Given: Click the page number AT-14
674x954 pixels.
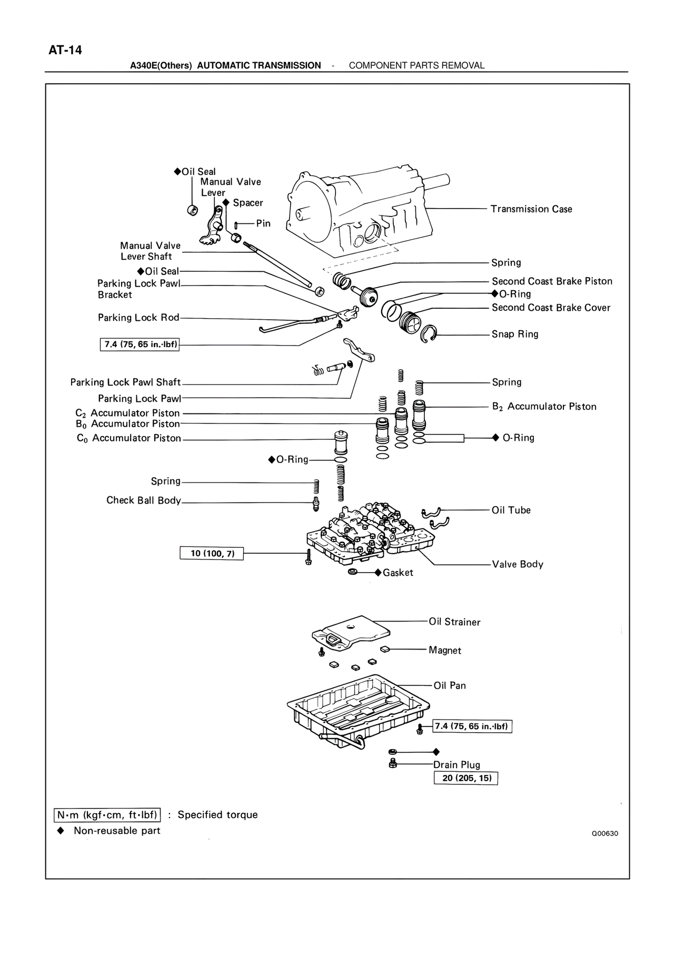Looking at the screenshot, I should click(x=65, y=51).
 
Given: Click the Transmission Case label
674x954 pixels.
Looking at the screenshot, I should click(x=531, y=209).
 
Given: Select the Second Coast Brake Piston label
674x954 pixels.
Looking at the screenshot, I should click(x=552, y=281).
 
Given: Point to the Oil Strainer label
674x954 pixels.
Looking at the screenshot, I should click(x=454, y=622).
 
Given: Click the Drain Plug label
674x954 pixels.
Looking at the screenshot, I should click(x=457, y=765).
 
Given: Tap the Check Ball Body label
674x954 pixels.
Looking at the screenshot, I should click(x=143, y=500).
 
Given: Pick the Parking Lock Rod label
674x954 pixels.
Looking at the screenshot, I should click(x=138, y=318).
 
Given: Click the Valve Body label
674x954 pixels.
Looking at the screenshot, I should click(x=517, y=564).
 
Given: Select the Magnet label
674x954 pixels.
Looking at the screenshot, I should click(x=444, y=651).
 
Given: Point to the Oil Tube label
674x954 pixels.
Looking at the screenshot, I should click(x=511, y=510).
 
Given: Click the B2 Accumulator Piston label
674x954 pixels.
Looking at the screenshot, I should click(x=544, y=407).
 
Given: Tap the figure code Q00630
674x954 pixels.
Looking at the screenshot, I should click(x=604, y=834).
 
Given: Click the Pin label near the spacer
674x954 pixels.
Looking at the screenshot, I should click(x=263, y=223).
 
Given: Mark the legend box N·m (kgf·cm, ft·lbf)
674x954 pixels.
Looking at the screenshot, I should click(x=107, y=815).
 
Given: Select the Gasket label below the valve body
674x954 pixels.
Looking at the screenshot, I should click(x=398, y=573).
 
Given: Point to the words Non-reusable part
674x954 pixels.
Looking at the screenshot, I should click(x=117, y=831).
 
